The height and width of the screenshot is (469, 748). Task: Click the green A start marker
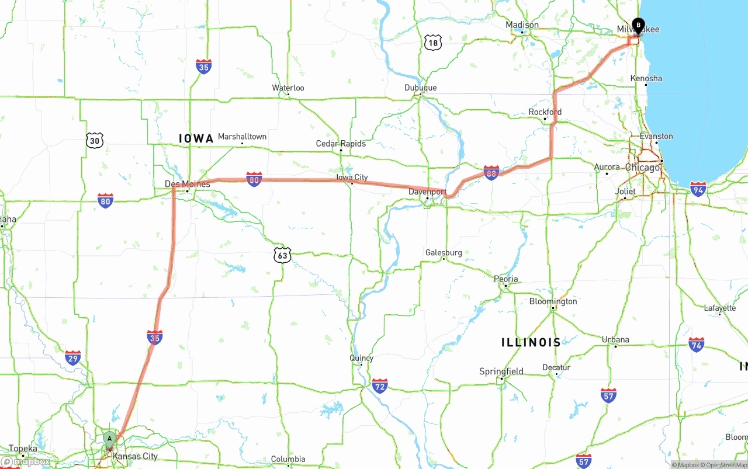[109, 439]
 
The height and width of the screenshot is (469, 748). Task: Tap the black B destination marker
[638, 26]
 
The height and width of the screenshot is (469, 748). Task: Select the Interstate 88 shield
[491, 172]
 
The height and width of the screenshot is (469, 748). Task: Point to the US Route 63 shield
[282, 255]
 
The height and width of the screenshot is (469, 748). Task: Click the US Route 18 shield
[432, 42]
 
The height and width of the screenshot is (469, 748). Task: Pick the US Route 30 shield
[95, 140]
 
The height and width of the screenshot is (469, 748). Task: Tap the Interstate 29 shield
[73, 358]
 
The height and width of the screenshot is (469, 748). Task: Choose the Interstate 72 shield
[380, 385]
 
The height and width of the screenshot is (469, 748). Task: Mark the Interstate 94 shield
[698, 188]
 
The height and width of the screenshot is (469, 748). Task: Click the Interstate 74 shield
[696, 344]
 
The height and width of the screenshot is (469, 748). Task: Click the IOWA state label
[196, 138]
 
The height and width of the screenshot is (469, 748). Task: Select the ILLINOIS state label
[531, 342]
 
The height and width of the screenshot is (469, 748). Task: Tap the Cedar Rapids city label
[341, 144]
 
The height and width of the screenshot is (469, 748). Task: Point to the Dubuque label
[420, 88]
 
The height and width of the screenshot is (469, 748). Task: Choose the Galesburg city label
[444, 253]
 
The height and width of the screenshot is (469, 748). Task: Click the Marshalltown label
[242, 137]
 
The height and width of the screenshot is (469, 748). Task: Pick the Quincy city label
[361, 358]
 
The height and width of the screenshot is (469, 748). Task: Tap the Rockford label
[545, 112]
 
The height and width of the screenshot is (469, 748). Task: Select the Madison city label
[522, 25]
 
